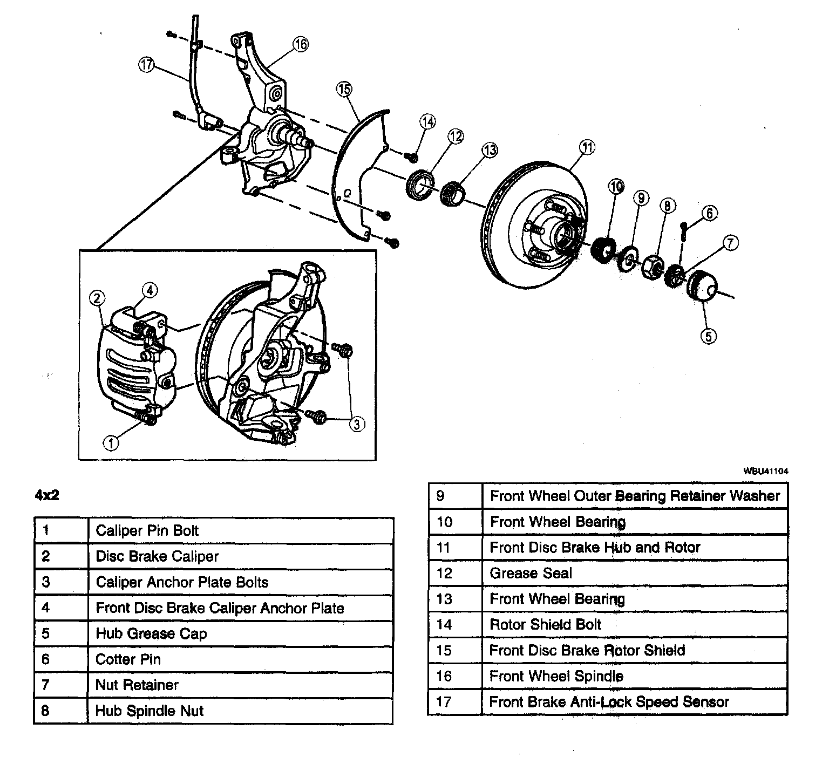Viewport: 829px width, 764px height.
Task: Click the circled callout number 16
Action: point(301,44)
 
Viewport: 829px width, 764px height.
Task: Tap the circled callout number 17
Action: point(146,65)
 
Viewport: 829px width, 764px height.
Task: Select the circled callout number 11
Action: point(587,146)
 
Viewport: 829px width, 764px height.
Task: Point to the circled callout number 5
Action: point(708,336)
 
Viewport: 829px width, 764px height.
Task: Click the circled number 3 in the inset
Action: point(356,424)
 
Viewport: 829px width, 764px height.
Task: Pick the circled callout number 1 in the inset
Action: point(111,443)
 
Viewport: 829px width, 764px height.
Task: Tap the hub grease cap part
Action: point(703,285)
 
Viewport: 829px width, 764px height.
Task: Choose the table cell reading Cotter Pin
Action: point(240,659)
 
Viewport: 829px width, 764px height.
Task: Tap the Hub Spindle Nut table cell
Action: point(240,710)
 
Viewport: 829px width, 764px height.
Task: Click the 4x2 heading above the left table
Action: point(47,495)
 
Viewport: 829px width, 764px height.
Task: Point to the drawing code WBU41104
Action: point(766,471)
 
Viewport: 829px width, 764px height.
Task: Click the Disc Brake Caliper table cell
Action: point(240,556)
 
